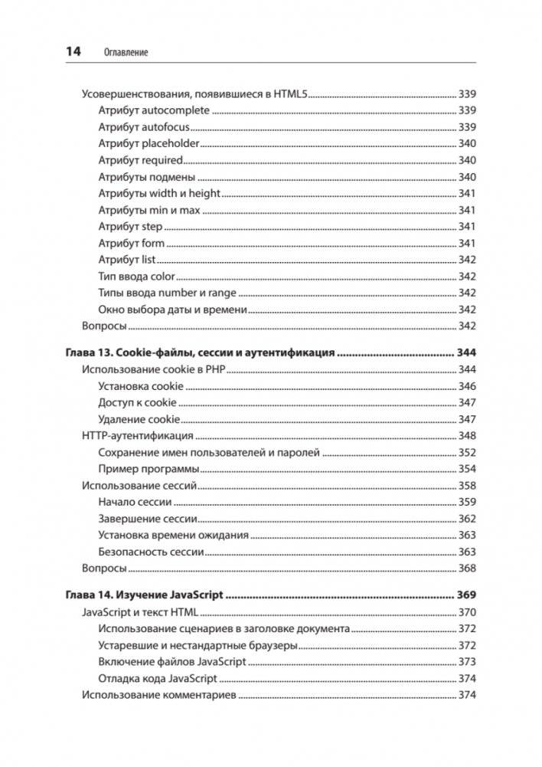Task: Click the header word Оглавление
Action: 125,53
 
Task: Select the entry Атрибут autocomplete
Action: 154,110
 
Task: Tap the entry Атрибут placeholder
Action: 149,143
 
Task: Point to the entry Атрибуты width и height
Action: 159,193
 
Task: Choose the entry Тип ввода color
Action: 136,276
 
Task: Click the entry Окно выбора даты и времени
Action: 173,310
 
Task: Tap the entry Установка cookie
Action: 142,386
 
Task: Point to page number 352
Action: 467,453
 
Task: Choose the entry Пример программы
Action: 149,469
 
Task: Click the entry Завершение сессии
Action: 149,519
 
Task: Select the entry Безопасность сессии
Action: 151,552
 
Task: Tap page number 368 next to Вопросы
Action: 467,569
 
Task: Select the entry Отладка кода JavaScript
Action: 158,679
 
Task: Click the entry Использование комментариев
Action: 159,696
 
